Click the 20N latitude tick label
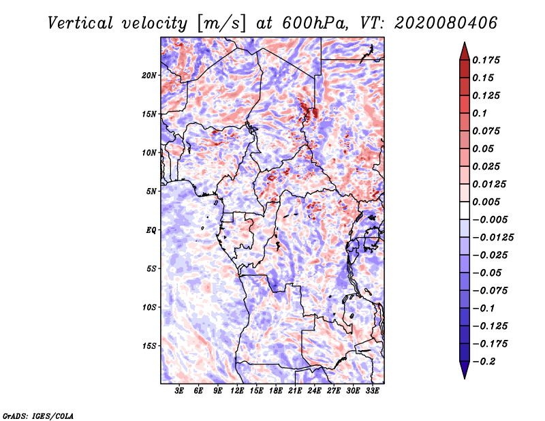click(149, 76)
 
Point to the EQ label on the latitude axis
click(151, 230)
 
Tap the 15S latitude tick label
click(149, 346)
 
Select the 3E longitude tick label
click(179, 391)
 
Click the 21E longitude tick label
click(295, 391)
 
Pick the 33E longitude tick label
click(372, 391)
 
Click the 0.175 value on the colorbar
click(486, 60)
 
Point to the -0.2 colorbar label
click(484, 362)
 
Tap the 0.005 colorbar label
click(486, 202)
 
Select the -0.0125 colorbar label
click(493, 238)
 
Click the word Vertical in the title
click(80, 23)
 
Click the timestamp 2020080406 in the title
click(446, 23)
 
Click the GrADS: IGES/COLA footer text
click(38, 416)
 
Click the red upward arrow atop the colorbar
click(465, 51)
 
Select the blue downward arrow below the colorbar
click(465, 370)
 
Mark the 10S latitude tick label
click(149, 307)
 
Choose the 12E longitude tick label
click(236, 391)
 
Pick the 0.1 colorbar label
click(480, 113)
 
